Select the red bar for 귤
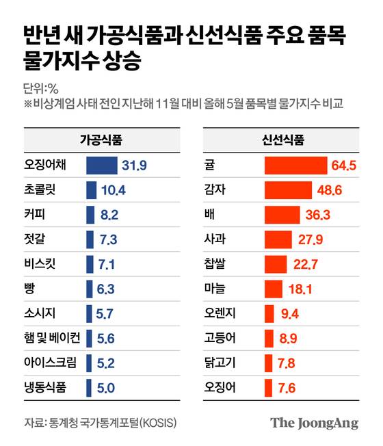point(295,165)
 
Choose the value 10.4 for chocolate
point(113,189)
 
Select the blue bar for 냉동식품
point(90,388)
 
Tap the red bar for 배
point(282,214)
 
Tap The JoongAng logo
point(314,423)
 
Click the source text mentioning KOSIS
point(100,423)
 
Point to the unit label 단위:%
point(42,88)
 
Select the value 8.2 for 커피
point(109,214)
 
